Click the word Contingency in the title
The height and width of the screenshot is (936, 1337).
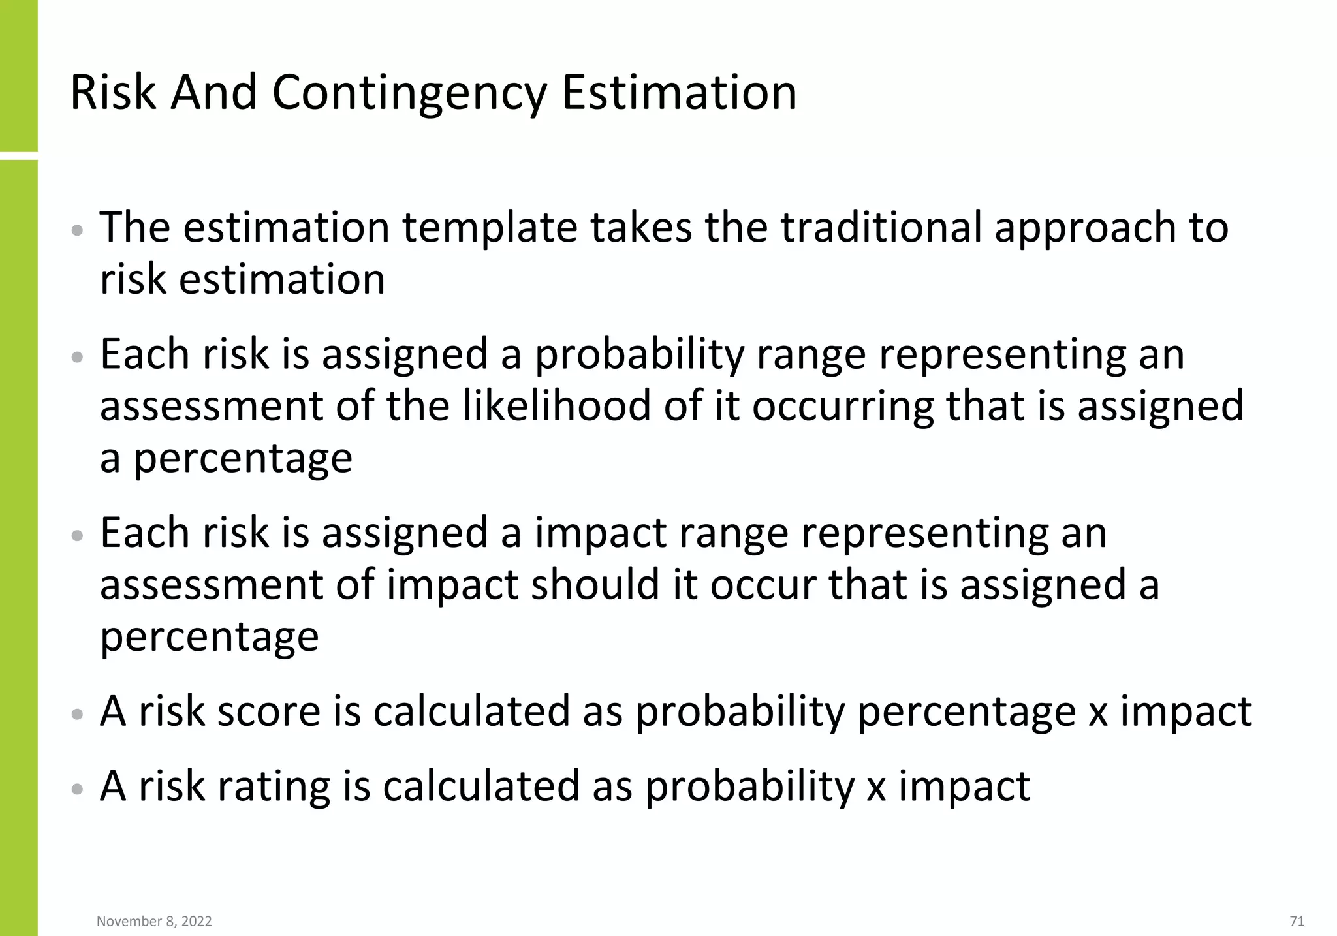(x=409, y=93)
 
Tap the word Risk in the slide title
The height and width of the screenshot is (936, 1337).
(x=112, y=93)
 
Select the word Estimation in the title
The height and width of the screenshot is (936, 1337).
(x=679, y=93)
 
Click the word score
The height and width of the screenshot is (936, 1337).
(x=268, y=711)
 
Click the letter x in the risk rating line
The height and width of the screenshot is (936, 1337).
(x=875, y=786)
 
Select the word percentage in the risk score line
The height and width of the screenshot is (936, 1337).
(x=966, y=712)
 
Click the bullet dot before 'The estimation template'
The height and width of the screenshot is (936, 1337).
(x=78, y=230)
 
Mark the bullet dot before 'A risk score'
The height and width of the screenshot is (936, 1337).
(x=78, y=714)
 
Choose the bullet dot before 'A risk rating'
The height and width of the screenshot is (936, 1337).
(x=78, y=789)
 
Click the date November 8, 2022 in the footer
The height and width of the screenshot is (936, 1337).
(x=154, y=921)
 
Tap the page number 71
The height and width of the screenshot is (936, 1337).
(x=1297, y=921)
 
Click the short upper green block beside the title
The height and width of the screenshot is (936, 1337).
(x=18, y=75)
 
